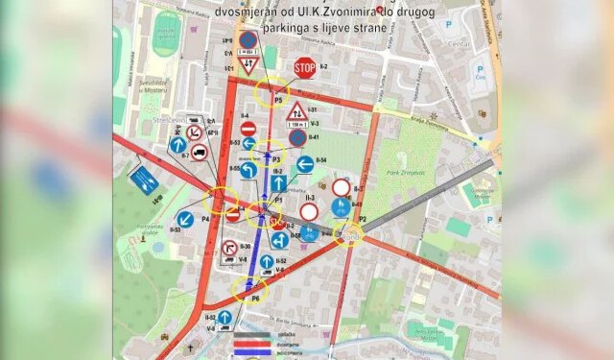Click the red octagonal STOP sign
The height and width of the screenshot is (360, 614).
(305, 68)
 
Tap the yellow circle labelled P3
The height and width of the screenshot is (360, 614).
(273, 156)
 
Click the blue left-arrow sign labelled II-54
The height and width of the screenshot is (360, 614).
(305, 165)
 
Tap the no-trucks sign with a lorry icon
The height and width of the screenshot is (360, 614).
(199, 152)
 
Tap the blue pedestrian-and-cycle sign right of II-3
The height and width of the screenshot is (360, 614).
(340, 206)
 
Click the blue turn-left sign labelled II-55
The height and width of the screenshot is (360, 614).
(248, 170)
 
